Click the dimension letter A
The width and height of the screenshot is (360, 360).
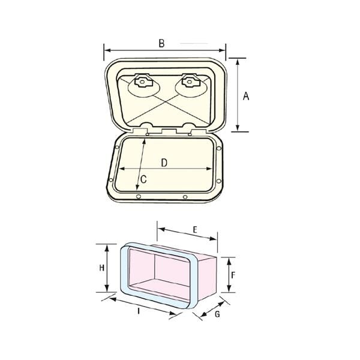coord(246,96)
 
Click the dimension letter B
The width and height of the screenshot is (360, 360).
coord(161,43)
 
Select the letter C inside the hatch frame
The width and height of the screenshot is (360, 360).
coord(143,179)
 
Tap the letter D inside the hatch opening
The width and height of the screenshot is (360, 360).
coord(164,163)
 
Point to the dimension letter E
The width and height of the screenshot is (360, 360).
coord(195,230)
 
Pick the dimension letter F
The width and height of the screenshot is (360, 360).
coord(233,275)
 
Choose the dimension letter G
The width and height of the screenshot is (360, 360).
coord(217,314)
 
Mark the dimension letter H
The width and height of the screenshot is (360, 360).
coord(102,268)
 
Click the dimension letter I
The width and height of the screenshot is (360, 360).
coord(139,311)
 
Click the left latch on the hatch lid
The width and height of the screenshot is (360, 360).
coord(143,82)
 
